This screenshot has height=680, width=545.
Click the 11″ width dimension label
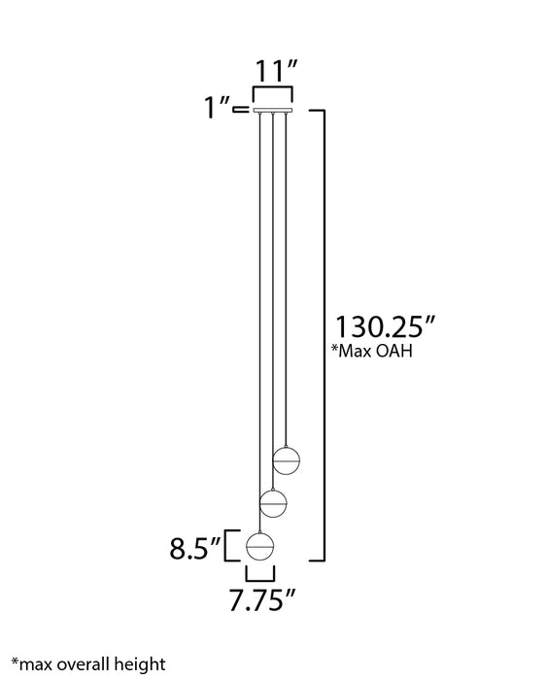point(276,71)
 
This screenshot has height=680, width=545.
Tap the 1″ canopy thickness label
point(217,107)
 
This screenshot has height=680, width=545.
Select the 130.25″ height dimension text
point(385,326)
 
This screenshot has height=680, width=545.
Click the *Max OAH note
point(371,351)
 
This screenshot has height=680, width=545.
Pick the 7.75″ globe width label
point(262,600)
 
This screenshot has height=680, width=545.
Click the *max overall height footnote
point(88,664)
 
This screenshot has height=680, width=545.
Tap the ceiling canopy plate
point(273,110)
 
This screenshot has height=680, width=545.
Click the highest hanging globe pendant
point(287,460)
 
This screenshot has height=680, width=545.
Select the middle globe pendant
point(273,503)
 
